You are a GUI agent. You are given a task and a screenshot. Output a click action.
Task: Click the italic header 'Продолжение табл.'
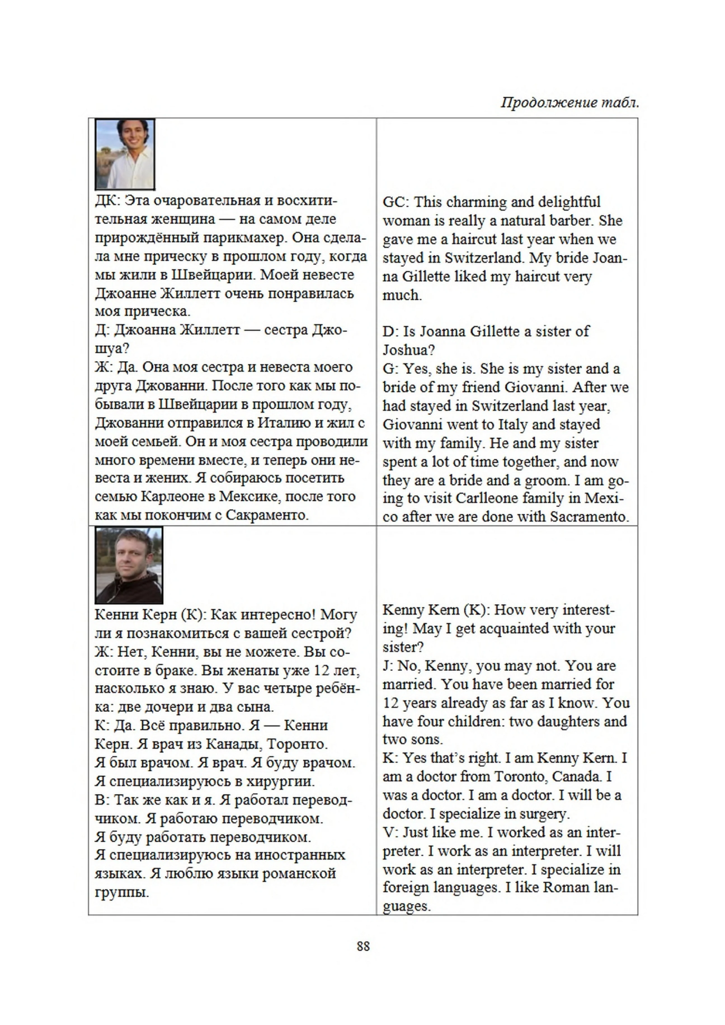[570, 103]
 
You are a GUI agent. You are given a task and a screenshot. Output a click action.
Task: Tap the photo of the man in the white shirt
[125, 154]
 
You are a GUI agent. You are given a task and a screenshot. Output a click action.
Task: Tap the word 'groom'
[545, 480]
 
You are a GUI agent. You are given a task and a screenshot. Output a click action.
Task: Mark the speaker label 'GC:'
[395, 202]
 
